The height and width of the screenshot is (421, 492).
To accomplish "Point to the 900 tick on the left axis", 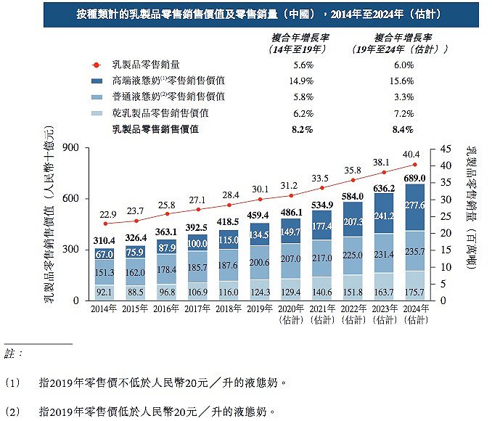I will [x=70, y=148].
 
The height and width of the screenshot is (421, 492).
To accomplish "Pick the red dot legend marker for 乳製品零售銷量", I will [x=95, y=65].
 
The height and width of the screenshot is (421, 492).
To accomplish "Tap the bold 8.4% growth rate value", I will [x=401, y=129].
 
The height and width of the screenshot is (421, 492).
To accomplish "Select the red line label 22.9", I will [x=107, y=214].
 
